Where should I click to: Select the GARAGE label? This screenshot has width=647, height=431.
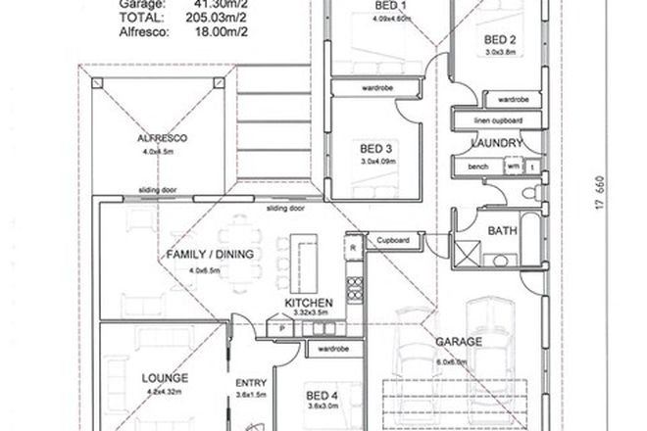point(461,342)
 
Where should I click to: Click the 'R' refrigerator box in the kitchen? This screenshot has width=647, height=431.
point(352,248)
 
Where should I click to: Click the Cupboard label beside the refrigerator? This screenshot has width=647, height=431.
point(395,239)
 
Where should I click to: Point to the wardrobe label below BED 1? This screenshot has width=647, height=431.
point(376,86)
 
